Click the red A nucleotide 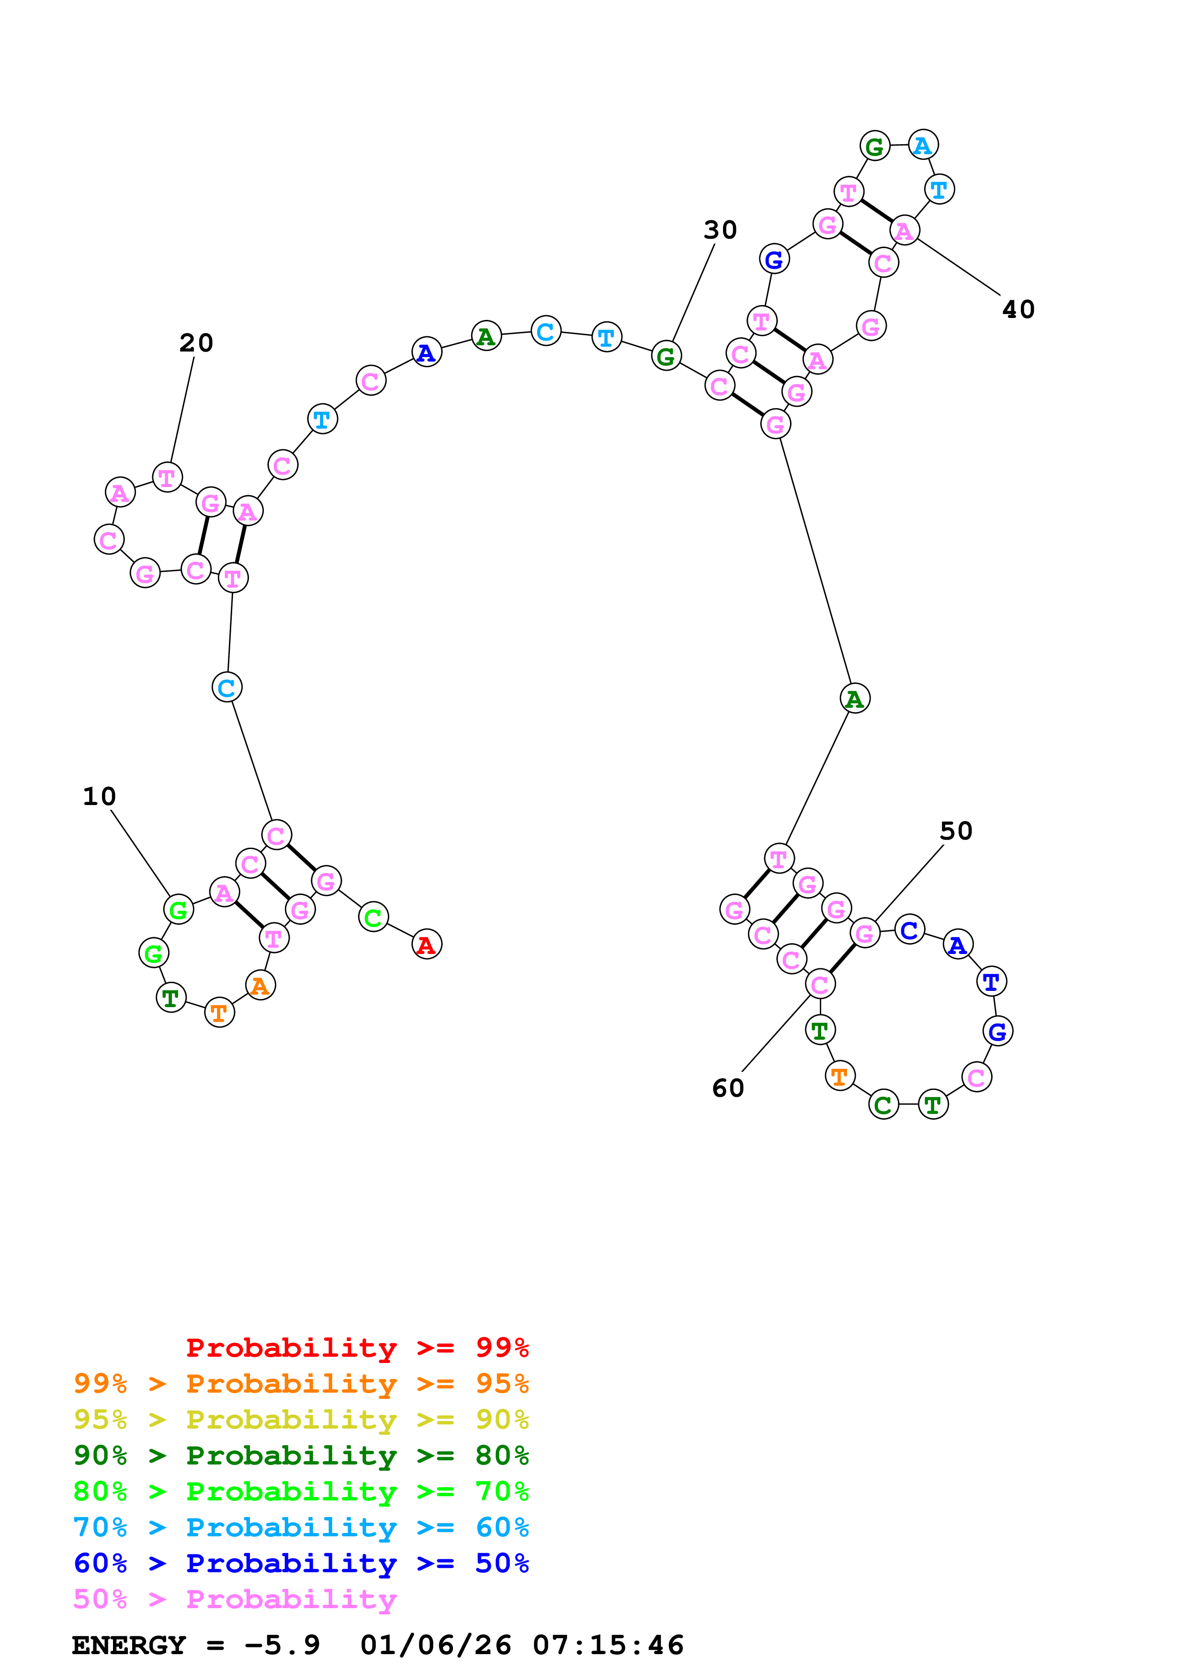coord(426,944)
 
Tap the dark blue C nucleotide coord(909,929)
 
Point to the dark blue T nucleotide coord(991,981)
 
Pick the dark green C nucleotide coord(883,1104)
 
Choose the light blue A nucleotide coord(923,145)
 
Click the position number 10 coord(100,796)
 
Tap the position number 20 coord(196,342)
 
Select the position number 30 coord(721,230)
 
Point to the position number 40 coord(1018,309)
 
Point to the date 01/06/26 coord(436,1645)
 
